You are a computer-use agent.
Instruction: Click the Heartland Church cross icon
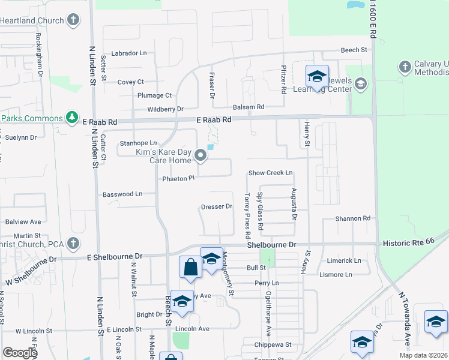(73, 20)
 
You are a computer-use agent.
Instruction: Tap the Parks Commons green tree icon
(71, 117)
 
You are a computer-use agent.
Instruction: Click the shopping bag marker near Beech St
(190, 267)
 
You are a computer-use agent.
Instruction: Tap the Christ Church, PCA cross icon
(73, 244)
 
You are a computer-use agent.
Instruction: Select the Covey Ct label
(130, 82)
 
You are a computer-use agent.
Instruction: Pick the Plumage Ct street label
(154, 95)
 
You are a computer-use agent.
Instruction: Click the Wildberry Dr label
(166, 109)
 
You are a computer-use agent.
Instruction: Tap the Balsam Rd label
(249, 107)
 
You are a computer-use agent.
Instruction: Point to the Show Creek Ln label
(270, 173)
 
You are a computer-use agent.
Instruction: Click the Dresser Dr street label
(216, 207)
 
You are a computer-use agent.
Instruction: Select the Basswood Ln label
(122, 194)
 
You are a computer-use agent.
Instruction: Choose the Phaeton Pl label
(179, 178)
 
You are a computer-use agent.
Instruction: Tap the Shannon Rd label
(353, 219)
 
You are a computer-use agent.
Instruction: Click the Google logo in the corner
(19, 353)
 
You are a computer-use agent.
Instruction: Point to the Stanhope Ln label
(138, 143)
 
